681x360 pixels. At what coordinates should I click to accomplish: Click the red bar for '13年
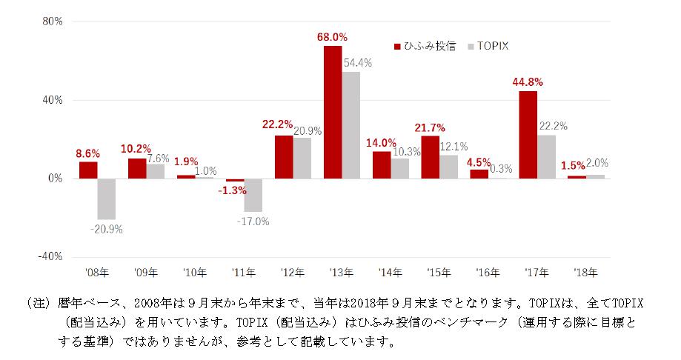[333, 112]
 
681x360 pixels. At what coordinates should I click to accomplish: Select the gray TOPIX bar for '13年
[351, 125]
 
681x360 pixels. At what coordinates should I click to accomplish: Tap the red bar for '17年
[528, 135]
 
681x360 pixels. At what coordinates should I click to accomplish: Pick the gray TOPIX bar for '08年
[107, 199]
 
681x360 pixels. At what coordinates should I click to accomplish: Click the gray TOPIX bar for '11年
[253, 195]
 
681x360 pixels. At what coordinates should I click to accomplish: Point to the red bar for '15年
[430, 157]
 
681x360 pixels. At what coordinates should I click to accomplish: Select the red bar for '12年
[284, 156]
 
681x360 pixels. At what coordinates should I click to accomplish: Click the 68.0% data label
[332, 36]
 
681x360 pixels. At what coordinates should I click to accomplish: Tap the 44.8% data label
[528, 81]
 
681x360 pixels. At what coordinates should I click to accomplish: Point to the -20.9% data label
[107, 229]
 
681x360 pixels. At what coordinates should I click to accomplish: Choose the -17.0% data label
[253, 221]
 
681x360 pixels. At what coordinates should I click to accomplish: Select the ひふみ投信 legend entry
[425, 46]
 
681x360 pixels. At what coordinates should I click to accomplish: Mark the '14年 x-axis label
[391, 272]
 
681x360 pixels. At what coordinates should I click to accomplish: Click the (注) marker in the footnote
[36, 304]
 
